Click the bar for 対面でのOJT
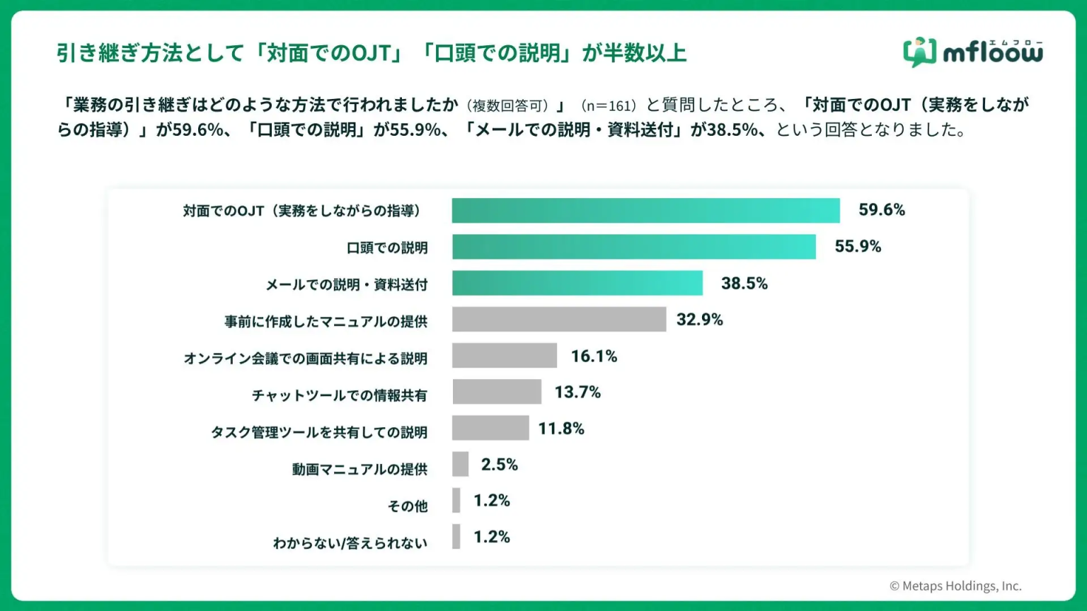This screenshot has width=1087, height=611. pos(645,211)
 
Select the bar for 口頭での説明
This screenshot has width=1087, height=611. pos(633,247)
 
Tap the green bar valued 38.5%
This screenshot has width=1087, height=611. pos(577,283)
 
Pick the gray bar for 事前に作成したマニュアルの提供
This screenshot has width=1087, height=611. pos(558,319)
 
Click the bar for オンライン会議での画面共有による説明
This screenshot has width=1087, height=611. pos(504,356)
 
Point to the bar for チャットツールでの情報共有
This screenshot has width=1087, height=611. pos(496,392)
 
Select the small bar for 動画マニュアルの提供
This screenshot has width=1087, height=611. pos(460,464)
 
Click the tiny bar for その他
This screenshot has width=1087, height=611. pos(456,500)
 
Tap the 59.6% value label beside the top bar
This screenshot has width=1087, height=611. pos(882,210)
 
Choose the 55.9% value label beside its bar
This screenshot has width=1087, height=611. pos(858,247)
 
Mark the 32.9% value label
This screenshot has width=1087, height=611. pos(699,320)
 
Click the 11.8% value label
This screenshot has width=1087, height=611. pos(561,429)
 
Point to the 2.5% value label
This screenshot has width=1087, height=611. pos(500,465)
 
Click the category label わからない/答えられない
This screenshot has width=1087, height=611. pos(350,543)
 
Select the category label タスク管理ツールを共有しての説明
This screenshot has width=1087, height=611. pos(319,432)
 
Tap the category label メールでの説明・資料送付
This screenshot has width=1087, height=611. pos(347,284)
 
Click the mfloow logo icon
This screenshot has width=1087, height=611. pos(919,52)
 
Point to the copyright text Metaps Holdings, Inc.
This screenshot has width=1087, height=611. pos(955,586)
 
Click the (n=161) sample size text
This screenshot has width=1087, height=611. pos(609,106)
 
